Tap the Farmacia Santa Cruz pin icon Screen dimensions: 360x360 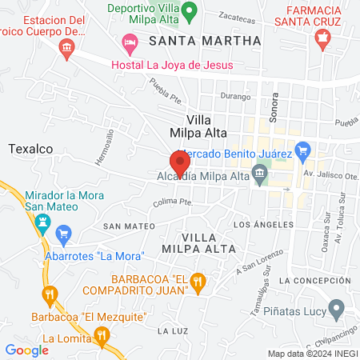click(322, 36)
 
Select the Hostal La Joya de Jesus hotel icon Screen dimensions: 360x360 click(129, 41)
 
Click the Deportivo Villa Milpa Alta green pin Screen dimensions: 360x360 click(190, 12)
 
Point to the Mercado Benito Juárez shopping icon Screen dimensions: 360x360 click(302, 150)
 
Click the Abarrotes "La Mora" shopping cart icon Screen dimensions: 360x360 click(65, 234)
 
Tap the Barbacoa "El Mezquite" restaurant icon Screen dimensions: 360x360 click(50, 294)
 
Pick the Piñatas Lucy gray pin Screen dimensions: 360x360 click(337, 307)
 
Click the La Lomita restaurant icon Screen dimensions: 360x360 click(101, 335)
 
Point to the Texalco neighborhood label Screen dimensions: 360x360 click(30, 149)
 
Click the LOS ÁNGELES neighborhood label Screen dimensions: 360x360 click(258, 226)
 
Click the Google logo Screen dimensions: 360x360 click(26, 350)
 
